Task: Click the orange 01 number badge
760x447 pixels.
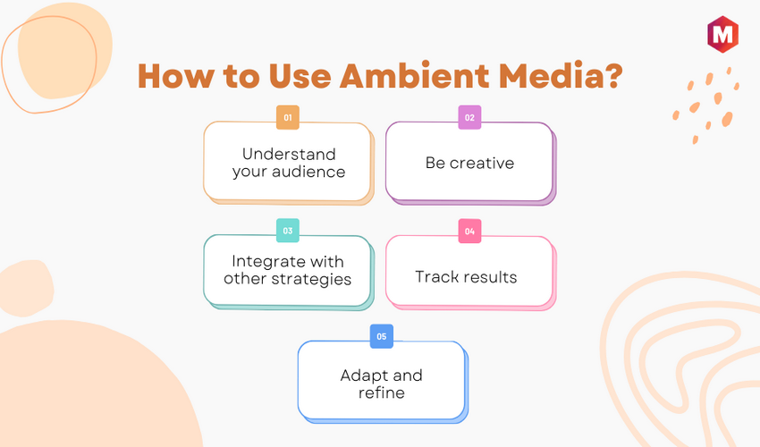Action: click(287, 117)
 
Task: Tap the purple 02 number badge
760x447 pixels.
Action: click(469, 117)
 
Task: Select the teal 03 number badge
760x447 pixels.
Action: click(287, 231)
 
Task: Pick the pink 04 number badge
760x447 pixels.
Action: click(469, 231)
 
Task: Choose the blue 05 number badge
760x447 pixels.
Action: click(382, 336)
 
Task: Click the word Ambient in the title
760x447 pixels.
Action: click(415, 76)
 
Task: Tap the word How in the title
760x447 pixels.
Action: click(176, 76)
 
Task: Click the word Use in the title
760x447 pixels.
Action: click(300, 76)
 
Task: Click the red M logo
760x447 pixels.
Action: click(722, 34)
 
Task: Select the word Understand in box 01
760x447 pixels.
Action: click(289, 154)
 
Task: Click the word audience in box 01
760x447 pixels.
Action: click(308, 172)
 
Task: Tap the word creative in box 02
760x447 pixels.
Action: click(482, 163)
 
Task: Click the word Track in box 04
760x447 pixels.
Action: click(437, 277)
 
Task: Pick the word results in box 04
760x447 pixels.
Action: click(490, 277)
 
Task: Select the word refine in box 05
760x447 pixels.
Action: click(382, 392)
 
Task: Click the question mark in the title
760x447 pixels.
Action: click(613, 76)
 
